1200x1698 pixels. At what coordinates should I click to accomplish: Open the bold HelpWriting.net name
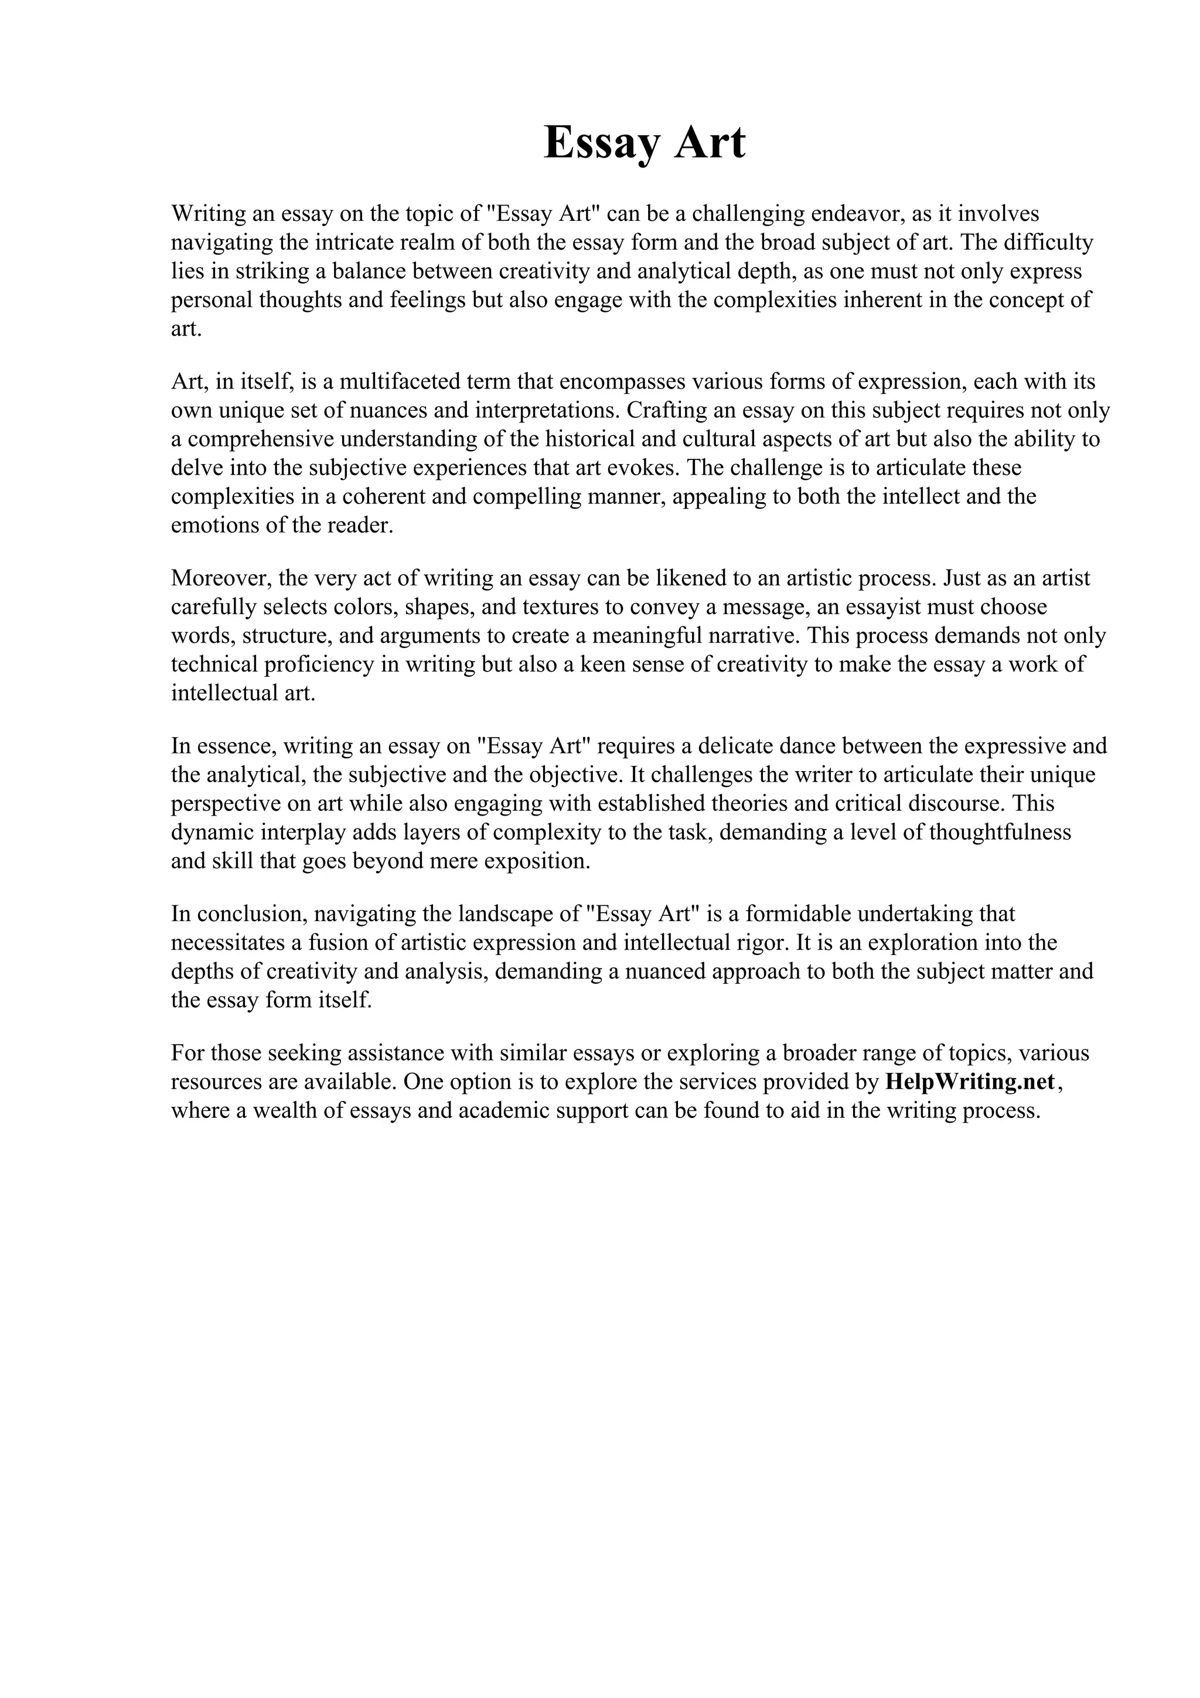(969, 1082)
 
